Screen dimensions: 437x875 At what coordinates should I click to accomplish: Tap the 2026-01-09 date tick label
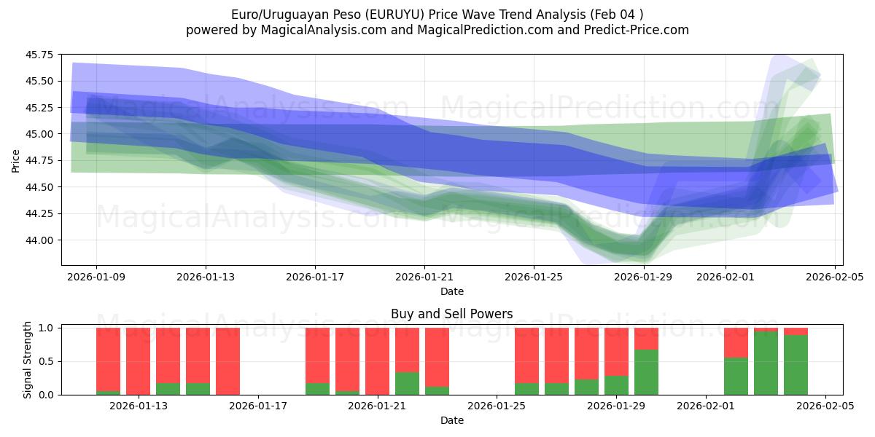96,277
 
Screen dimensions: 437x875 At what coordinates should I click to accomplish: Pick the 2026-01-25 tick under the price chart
534,277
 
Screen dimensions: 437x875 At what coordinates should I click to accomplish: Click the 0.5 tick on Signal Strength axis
46,362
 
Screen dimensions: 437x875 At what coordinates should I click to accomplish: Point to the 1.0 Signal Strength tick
46,328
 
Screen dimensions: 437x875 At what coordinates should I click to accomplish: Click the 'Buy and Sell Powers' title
451,315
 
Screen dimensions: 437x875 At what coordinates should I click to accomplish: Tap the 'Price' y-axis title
16,160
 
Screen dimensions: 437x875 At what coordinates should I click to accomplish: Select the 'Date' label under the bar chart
451,420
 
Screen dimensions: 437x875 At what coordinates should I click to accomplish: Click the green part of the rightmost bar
796,366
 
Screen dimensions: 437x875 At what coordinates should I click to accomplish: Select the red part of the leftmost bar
108,359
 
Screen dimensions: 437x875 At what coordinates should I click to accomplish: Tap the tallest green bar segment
766,363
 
